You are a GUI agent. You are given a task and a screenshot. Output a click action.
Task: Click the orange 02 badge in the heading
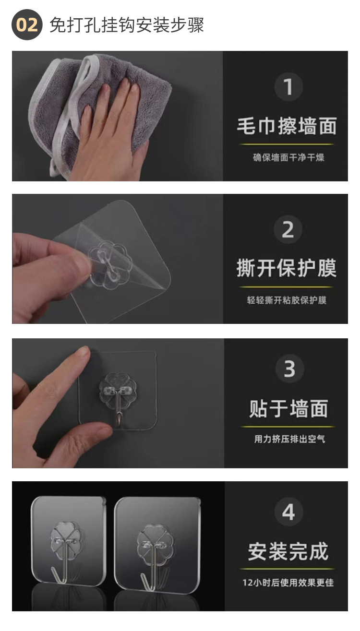[27, 24]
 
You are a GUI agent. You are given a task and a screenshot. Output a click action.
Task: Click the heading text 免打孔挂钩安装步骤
[127, 25]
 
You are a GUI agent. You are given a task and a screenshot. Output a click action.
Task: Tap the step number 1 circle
[288, 87]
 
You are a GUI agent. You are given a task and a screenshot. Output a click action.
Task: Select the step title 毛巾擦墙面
[287, 126]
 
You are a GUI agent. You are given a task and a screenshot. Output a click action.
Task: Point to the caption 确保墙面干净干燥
[288, 157]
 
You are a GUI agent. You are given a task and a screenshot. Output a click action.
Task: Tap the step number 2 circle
[288, 230]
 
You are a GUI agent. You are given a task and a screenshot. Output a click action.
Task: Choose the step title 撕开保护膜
[287, 268]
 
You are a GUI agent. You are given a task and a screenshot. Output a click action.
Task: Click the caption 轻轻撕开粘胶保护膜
[287, 300]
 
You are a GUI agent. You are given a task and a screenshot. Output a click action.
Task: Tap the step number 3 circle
[289, 369]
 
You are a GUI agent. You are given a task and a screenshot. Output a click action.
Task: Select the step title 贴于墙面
[288, 408]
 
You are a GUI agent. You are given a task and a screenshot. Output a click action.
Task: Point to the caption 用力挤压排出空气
[289, 439]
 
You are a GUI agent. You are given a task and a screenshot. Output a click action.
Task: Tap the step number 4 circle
[288, 512]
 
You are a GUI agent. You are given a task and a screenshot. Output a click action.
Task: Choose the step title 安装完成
[288, 551]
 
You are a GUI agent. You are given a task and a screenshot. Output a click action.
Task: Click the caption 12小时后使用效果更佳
[288, 583]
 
